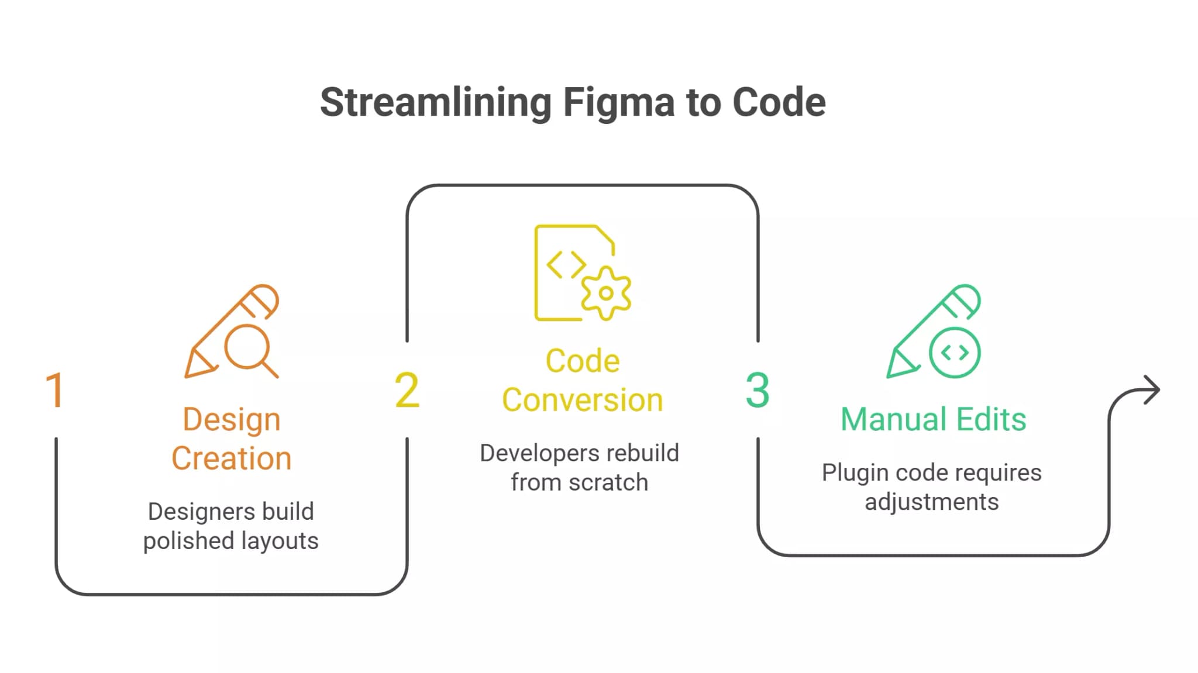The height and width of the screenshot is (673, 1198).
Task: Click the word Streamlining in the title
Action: pyautogui.click(x=435, y=103)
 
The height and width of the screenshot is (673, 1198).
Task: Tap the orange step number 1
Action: pyautogui.click(x=54, y=390)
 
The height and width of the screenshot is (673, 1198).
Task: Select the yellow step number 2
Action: pyautogui.click(x=407, y=390)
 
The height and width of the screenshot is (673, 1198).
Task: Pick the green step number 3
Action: pyautogui.click(x=757, y=390)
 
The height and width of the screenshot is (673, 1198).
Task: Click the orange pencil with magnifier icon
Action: pyautogui.click(x=232, y=332)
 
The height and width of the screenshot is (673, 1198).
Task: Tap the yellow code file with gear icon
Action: pyautogui.click(x=582, y=272)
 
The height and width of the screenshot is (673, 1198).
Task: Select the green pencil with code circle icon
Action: pyautogui.click(x=934, y=332)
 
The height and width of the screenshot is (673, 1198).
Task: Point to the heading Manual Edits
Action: pyautogui.click(x=933, y=419)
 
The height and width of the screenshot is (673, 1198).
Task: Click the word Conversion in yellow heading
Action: pyautogui.click(x=582, y=401)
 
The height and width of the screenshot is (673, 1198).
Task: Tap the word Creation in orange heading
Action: pyautogui.click(x=232, y=458)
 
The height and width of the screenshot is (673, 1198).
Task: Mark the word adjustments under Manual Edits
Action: pyautogui.click(x=931, y=502)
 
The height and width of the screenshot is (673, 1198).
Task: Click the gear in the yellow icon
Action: pyautogui.click(x=606, y=293)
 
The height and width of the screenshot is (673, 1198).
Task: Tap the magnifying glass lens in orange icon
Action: pyautogui.click(x=247, y=347)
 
